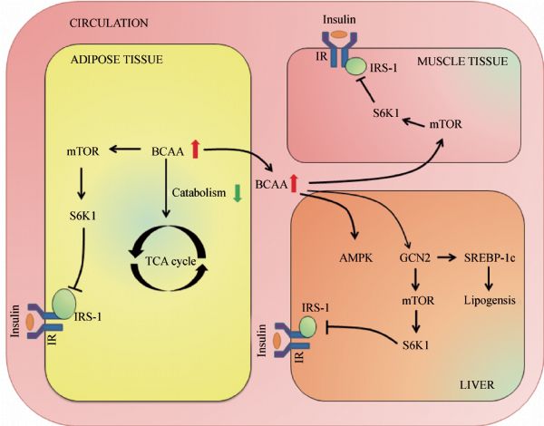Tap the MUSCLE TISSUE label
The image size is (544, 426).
click(x=463, y=62)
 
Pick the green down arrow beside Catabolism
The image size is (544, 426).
click(x=238, y=192)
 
